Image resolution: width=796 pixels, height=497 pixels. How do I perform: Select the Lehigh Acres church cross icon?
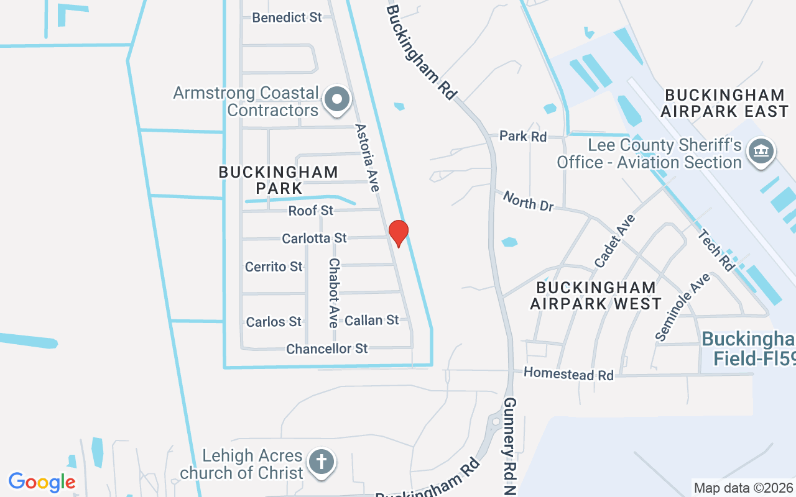pos(322,463)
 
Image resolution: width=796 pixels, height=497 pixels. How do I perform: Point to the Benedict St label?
pos(287,17)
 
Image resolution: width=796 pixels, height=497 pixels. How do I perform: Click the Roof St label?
pos(311,211)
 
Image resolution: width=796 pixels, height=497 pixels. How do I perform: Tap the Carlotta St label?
pos(314,238)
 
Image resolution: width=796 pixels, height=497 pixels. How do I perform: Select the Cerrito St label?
pos(274,267)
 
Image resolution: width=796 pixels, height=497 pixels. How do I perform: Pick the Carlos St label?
pos(274,322)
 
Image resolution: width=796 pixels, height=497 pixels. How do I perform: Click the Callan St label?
pos(372,320)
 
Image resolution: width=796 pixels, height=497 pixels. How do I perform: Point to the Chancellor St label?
pos(327,349)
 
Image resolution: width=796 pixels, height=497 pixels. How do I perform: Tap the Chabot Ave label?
pos(334,293)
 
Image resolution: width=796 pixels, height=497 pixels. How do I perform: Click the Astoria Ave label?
pos(367,158)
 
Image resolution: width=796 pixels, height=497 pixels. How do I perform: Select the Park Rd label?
pos(523,136)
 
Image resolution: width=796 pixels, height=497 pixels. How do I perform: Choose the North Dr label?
pos(528,201)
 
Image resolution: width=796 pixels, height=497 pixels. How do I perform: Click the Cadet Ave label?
pos(615,241)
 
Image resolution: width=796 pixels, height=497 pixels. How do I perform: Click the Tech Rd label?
pos(716,251)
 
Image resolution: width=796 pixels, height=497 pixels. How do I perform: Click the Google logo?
pos(42,481)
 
